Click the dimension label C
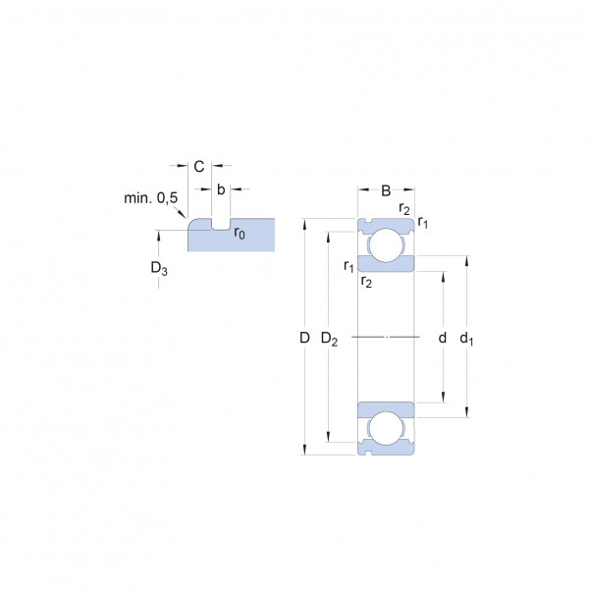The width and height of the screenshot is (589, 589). (199, 167)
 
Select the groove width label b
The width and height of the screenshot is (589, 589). (221, 189)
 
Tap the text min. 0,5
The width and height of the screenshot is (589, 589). (150, 198)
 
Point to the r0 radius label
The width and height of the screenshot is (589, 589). (240, 234)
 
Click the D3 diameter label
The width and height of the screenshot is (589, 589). (159, 268)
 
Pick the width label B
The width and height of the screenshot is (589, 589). (386, 190)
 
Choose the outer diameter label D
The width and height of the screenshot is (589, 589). (304, 338)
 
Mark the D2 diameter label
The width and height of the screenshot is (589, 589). (329, 339)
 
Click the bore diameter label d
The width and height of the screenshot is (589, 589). (443, 338)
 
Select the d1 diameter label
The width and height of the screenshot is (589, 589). (466, 339)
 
